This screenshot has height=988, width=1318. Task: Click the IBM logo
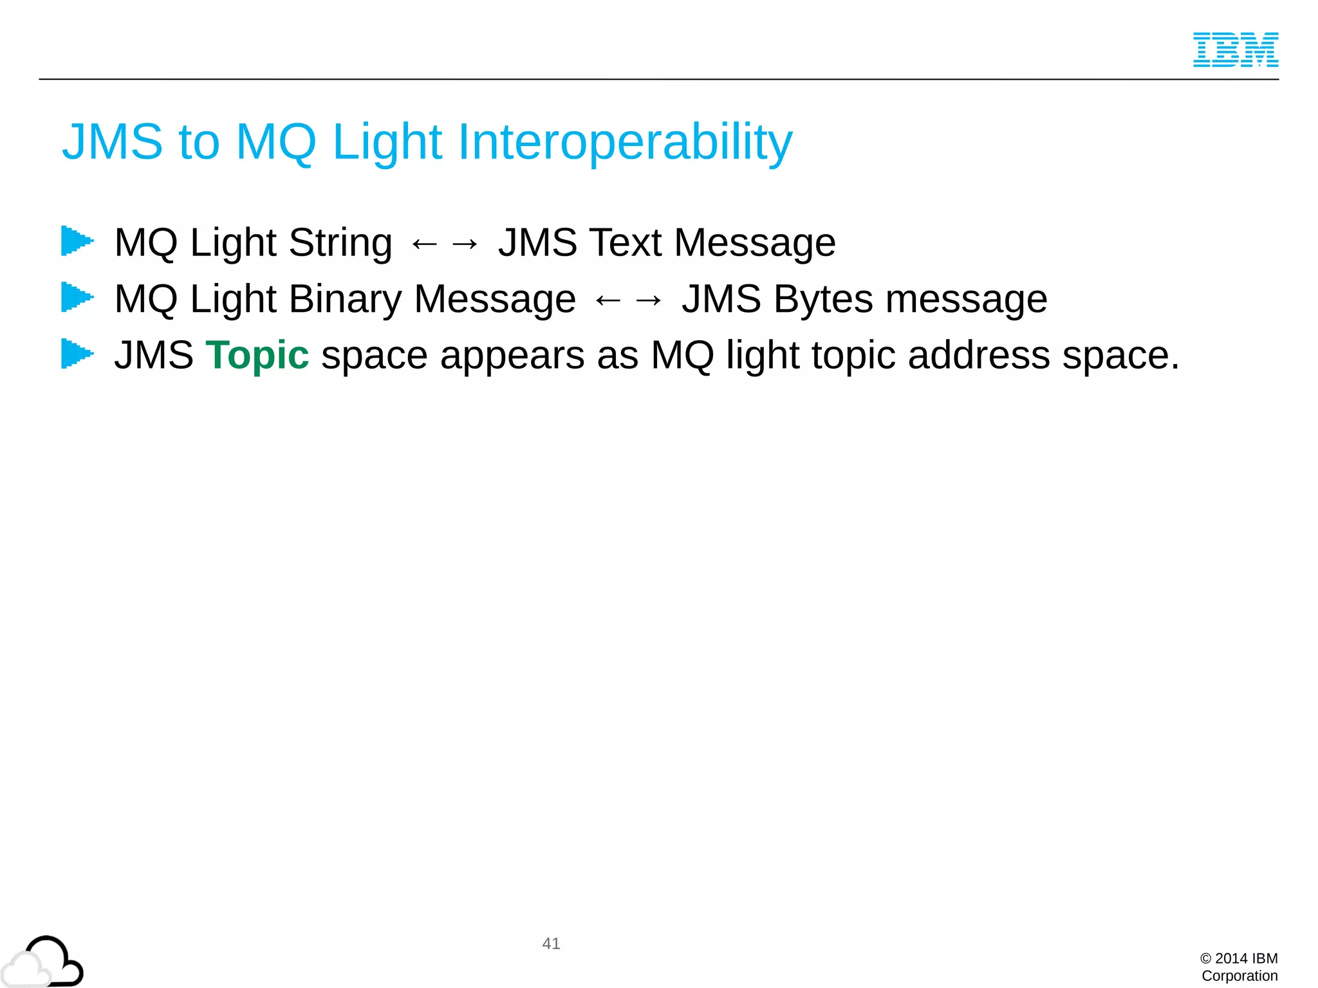coord(1235,50)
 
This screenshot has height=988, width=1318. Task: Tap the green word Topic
coord(257,355)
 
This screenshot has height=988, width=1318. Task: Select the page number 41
coord(551,944)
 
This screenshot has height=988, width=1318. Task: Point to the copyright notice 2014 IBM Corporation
coord(1239,967)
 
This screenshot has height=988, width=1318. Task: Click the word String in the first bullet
coord(340,243)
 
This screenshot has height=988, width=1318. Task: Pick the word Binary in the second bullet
coord(345,300)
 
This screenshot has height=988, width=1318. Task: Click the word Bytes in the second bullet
coord(822,300)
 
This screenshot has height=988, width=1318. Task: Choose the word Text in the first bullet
coord(625,242)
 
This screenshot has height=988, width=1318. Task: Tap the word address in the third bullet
coord(978,355)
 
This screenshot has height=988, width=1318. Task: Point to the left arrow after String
coord(424,244)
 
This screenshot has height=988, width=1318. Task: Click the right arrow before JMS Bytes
coord(648,300)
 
